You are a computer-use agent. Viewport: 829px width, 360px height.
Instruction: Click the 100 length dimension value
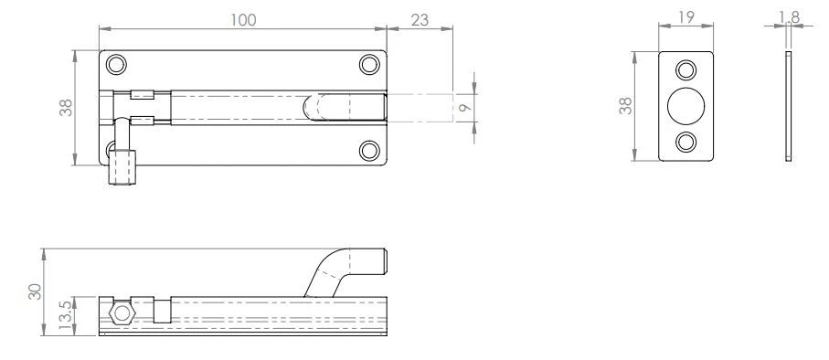(x=242, y=19)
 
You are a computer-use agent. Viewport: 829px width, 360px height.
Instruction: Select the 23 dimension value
(x=420, y=19)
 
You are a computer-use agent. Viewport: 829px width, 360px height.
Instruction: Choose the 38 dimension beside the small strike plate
(x=625, y=106)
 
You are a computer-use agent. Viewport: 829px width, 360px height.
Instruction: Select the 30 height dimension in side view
(x=34, y=291)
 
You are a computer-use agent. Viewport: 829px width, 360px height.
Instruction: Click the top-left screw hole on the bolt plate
(x=116, y=65)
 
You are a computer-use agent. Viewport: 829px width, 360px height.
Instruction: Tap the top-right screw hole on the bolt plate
(x=368, y=65)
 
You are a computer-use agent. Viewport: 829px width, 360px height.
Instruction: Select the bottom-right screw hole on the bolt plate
(x=368, y=150)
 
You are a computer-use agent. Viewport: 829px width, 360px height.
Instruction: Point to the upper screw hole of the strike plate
(x=684, y=69)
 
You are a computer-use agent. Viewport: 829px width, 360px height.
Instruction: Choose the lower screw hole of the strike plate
(x=684, y=143)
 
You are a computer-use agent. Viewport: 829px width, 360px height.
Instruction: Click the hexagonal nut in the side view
(x=120, y=313)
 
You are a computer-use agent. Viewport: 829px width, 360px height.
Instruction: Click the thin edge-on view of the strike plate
(x=788, y=107)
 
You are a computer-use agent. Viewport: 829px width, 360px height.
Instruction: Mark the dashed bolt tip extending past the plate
(x=420, y=108)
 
